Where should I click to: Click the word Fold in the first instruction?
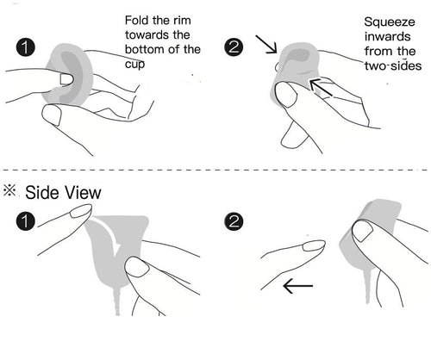137,21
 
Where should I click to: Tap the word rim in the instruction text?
182,21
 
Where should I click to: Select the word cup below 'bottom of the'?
134,65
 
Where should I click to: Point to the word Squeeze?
390,22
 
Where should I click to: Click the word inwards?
387,36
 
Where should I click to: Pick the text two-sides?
393,65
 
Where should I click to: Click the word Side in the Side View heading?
43,192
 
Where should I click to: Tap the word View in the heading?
84,192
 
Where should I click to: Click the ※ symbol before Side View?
9,190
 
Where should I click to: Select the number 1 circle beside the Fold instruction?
26,47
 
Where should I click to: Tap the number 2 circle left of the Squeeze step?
234,47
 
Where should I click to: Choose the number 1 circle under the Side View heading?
26,221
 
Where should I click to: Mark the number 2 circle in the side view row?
234,221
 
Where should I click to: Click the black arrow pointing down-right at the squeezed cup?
266,44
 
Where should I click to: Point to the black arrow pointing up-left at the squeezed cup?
321,87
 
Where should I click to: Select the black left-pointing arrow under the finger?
298,286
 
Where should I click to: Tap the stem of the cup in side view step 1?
117,300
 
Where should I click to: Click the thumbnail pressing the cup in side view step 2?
363,230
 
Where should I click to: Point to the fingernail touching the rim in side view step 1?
80,211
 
